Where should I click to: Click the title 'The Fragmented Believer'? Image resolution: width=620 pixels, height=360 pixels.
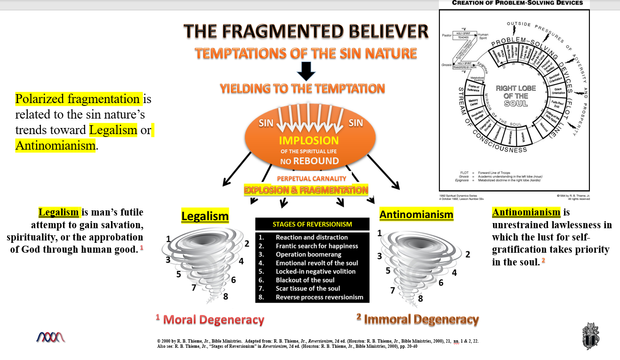coord(306,32)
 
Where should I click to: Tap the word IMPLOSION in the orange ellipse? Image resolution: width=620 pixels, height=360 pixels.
coord(309,141)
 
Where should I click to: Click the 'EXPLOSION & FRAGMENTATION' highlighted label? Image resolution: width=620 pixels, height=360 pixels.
coord(306,190)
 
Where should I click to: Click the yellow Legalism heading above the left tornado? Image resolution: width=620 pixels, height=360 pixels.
coord(205,216)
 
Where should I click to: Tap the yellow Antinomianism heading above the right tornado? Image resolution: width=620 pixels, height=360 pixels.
coord(416,215)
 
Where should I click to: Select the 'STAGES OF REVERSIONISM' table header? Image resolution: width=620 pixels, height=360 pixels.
coord(312,224)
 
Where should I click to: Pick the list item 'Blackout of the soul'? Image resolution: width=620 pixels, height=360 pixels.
coord(305,280)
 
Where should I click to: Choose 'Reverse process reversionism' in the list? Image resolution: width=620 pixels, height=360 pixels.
coord(319,297)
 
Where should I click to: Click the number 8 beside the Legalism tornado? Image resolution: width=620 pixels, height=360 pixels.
coord(226,296)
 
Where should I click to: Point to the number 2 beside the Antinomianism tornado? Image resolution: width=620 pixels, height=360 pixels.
coord(468,255)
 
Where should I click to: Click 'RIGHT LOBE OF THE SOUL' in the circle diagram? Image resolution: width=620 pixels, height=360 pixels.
coord(516,96)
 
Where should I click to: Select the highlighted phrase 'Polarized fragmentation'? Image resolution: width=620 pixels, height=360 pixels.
coord(78,99)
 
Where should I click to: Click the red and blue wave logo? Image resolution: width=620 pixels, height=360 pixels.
coord(51,336)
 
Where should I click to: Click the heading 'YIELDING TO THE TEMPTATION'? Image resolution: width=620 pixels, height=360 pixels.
coord(302,88)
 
